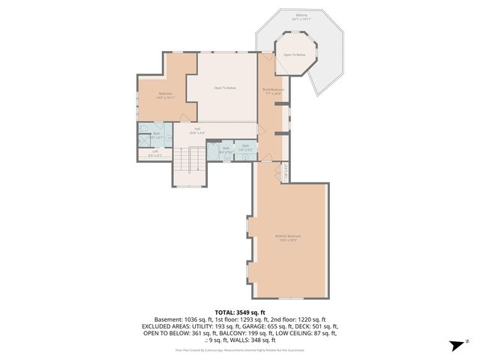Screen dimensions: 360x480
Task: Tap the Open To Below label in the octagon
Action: tap(294, 55)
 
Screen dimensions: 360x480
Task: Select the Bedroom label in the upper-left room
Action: tap(166, 94)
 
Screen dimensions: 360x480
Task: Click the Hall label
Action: tap(197, 130)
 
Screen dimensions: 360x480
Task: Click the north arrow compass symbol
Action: tap(456, 344)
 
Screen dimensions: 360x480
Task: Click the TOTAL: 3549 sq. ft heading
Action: tap(240, 312)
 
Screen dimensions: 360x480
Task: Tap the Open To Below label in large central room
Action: tap(225, 88)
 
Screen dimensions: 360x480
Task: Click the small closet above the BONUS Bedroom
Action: tap(285, 169)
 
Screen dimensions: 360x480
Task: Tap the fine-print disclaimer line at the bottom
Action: tap(240, 349)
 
